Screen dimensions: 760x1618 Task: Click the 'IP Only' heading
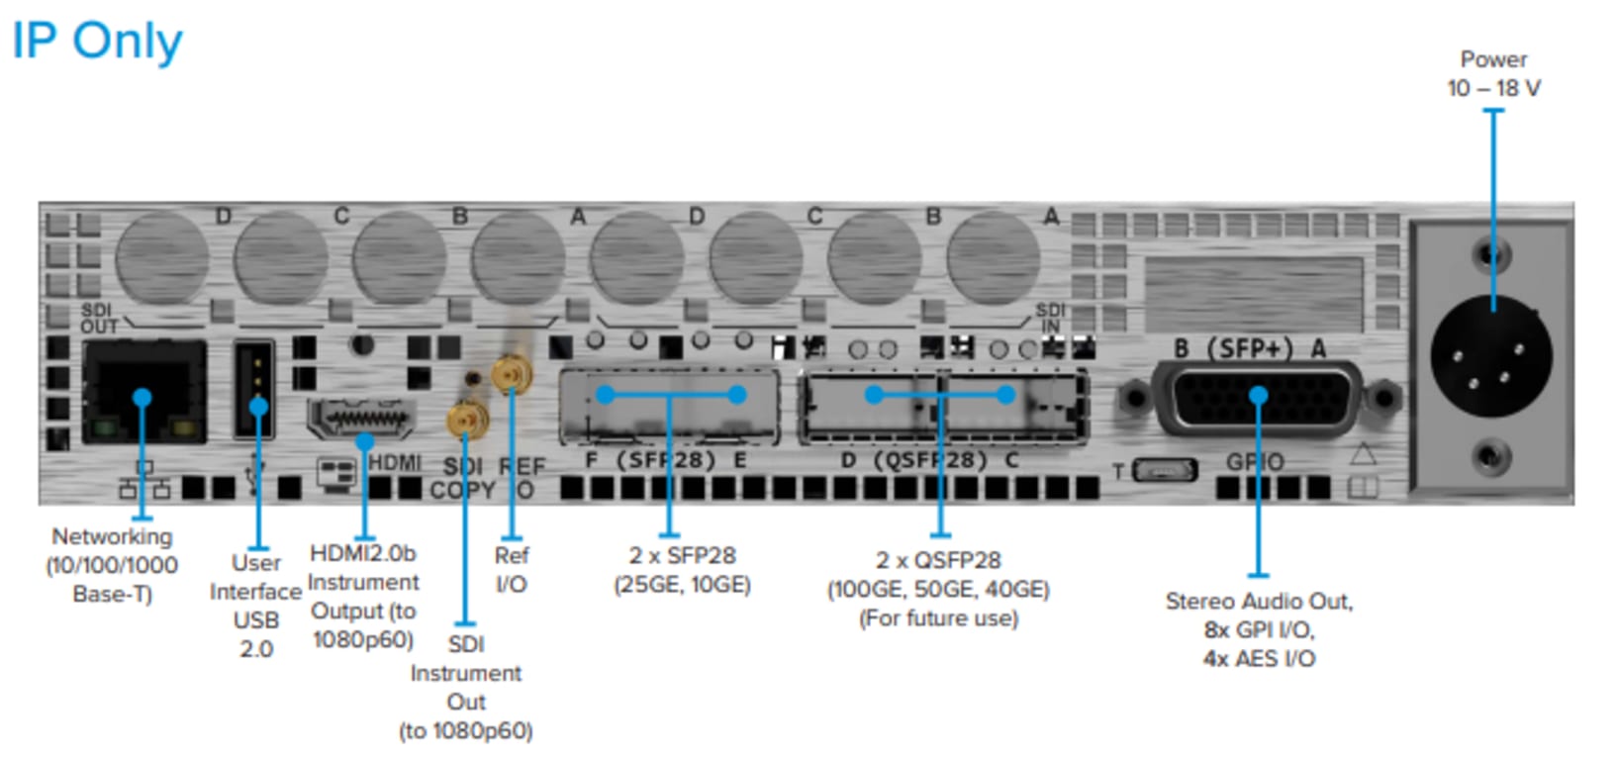point(97,42)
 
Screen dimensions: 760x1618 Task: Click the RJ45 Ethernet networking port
point(144,392)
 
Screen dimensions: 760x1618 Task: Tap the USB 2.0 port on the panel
point(254,389)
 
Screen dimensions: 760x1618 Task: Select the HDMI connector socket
point(360,419)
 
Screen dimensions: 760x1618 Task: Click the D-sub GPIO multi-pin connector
point(1258,398)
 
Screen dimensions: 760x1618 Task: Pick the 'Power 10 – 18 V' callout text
point(1493,74)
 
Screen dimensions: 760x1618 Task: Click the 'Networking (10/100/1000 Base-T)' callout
point(112,565)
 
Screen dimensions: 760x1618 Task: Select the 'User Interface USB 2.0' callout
point(255,605)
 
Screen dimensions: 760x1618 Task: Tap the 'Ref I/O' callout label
point(511,569)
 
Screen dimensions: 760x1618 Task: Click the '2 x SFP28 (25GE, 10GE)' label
point(682,570)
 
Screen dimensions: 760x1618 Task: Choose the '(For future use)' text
point(938,618)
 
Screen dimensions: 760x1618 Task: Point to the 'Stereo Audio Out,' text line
point(1258,601)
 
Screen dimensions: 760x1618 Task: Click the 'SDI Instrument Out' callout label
point(465,687)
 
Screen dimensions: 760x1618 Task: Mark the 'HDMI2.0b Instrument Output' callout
point(363,596)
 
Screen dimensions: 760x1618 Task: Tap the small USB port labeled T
point(1163,470)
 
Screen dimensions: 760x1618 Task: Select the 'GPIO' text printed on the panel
point(1254,462)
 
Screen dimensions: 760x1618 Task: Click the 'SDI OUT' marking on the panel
point(98,319)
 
